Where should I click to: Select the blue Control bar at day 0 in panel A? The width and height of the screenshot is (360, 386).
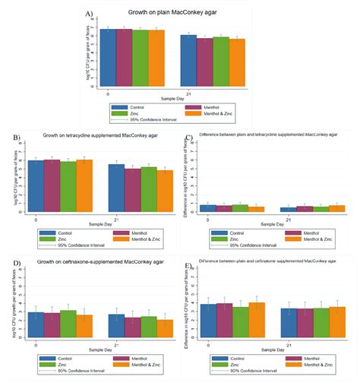(111, 61)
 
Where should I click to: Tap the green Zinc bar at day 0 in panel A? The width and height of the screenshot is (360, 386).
(141, 61)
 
